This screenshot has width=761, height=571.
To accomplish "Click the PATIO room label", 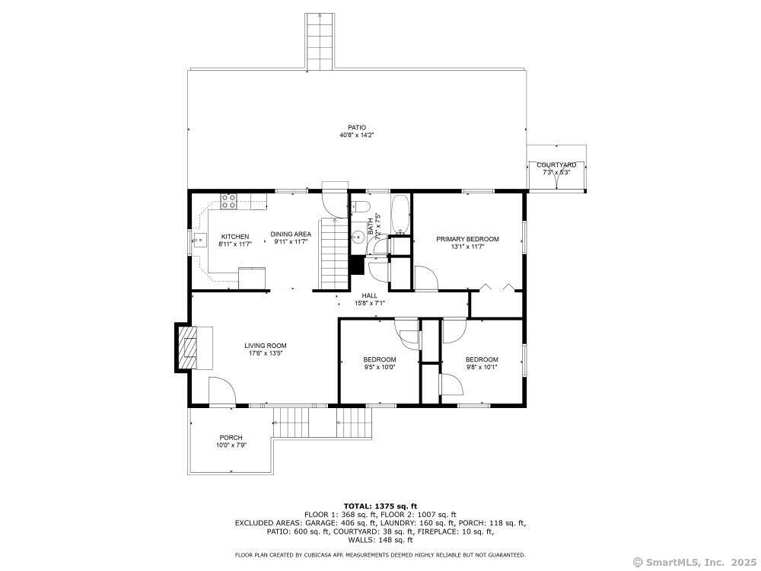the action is click(x=357, y=128).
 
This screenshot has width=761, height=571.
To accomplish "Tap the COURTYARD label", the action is click(x=556, y=165).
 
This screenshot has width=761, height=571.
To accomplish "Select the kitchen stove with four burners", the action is click(x=229, y=201).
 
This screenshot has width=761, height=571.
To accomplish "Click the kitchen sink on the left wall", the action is click(x=199, y=240).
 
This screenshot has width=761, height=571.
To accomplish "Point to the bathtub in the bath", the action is click(x=400, y=215).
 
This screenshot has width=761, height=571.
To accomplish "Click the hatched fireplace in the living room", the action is click(x=188, y=348).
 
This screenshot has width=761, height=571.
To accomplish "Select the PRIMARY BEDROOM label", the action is click(x=467, y=239).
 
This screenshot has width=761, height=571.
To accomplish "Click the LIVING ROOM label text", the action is click(x=266, y=346).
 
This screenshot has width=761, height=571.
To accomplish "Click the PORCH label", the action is click(x=231, y=438).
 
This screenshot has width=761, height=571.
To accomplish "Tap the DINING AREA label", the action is click(x=291, y=234).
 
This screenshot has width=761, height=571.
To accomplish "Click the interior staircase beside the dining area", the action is click(x=334, y=254).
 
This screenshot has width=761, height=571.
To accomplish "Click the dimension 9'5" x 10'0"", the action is click(x=380, y=367).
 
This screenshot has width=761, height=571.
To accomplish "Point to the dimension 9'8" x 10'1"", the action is click(x=482, y=367).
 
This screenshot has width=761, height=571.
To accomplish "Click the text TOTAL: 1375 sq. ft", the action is click(x=380, y=506).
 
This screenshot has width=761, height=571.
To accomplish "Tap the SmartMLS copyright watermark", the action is click(x=695, y=563).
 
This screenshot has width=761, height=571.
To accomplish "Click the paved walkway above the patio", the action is click(x=320, y=42).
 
